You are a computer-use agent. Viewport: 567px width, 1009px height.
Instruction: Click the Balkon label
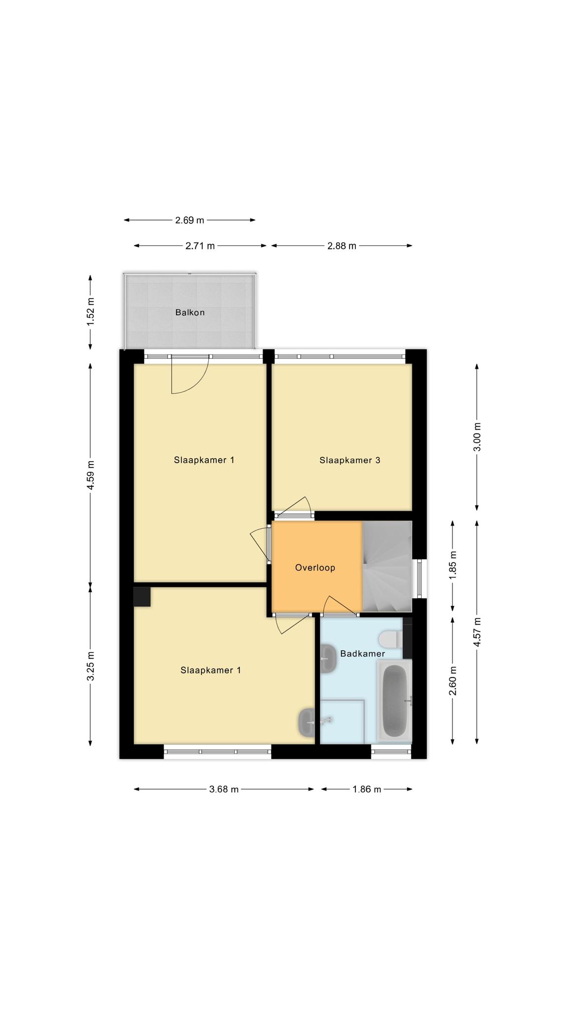click(190, 312)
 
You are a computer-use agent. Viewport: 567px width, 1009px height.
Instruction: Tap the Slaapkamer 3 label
click(350, 460)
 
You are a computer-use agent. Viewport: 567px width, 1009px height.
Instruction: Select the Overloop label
click(315, 568)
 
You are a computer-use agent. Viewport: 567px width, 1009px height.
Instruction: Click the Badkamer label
click(363, 654)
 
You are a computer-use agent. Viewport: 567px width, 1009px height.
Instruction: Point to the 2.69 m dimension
click(189, 220)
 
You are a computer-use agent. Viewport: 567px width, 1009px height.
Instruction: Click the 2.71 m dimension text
click(200, 246)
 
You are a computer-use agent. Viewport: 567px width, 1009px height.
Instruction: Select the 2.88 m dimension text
click(342, 246)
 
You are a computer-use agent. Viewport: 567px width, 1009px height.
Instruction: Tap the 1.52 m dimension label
click(90, 311)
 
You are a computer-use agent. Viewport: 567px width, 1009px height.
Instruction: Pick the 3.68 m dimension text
click(224, 789)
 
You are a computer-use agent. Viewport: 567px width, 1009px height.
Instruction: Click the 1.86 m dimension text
click(367, 789)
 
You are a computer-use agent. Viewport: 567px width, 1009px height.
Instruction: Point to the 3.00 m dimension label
click(477, 437)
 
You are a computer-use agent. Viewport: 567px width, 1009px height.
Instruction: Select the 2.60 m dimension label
click(453, 680)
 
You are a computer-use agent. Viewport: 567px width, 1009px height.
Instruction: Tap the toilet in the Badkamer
click(390, 639)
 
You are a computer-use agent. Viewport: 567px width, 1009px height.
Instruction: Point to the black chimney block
click(142, 597)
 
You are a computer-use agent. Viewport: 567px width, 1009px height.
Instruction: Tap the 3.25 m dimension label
click(90, 666)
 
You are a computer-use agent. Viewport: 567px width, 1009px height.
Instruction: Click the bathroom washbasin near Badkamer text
click(328, 659)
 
